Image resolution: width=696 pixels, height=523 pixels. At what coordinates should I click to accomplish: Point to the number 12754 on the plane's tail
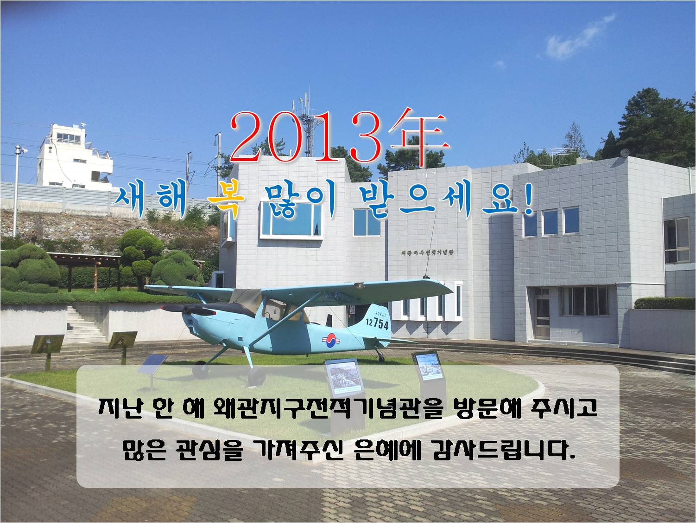coord(377,323)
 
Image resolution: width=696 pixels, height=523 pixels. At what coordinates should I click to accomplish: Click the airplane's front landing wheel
coord(255,376)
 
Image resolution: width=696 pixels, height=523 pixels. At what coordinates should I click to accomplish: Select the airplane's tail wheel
coord(381,358)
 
